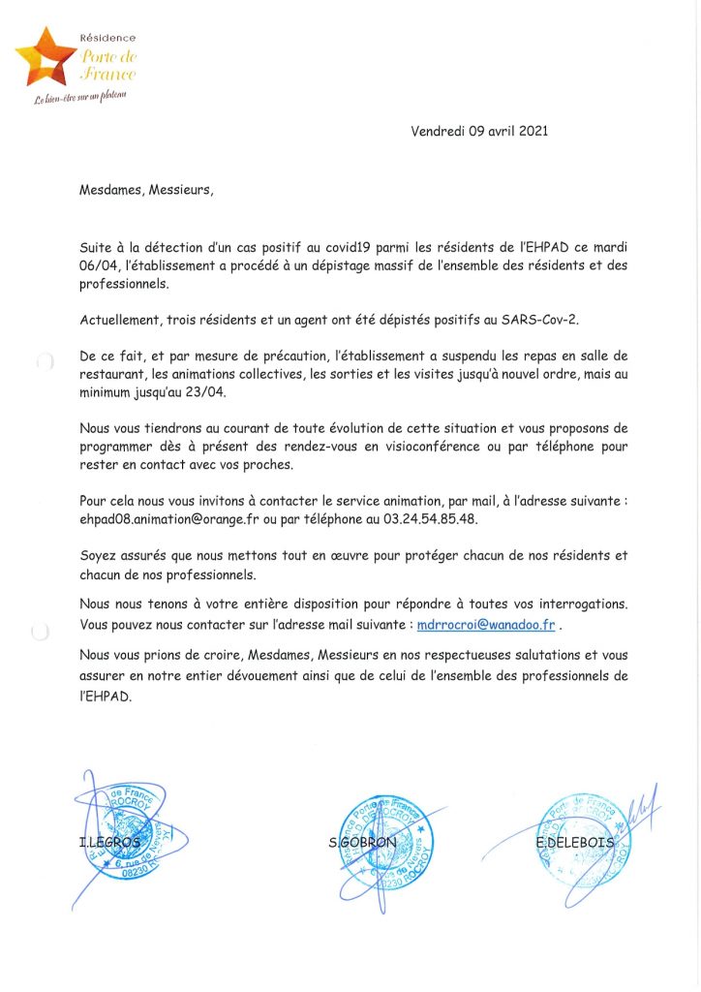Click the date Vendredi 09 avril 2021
479,132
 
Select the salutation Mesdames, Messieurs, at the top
145,190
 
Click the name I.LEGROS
108,843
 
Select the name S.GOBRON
362,842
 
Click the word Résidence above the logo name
108,37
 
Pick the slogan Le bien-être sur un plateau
81,97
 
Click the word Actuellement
122,321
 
